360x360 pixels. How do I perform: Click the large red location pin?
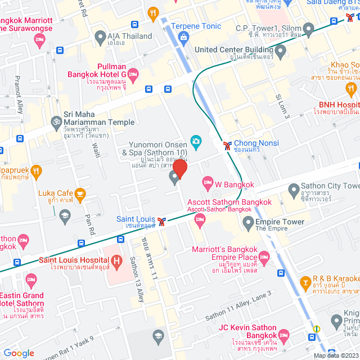click(179, 168)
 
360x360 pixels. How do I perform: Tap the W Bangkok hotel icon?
click(208, 183)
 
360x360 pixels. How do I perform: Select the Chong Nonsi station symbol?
click(227, 145)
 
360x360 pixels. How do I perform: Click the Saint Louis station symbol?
click(162, 220)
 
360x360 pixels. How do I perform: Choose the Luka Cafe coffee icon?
click(80, 193)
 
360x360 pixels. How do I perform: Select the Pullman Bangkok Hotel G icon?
click(133, 74)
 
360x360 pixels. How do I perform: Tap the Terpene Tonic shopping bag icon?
click(183, 37)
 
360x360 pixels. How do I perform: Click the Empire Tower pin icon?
click(248, 224)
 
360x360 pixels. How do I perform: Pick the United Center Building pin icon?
click(281, 51)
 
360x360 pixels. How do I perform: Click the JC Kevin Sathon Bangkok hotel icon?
click(283, 334)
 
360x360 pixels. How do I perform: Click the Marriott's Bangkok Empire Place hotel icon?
click(264, 256)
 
